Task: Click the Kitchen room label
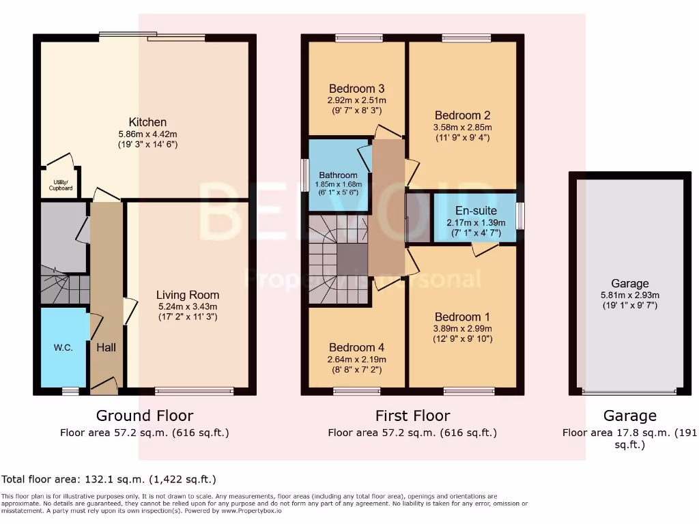click(147, 122)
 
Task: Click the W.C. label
click(63, 347)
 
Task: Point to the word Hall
click(106, 347)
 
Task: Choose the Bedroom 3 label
click(356, 89)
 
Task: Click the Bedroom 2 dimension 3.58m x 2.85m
click(463, 127)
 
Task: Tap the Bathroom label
click(338, 175)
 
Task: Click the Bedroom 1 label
click(462, 317)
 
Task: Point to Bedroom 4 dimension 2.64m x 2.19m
click(357, 360)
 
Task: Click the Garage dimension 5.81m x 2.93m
click(629, 295)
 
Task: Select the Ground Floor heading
click(144, 416)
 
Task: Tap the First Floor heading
click(412, 416)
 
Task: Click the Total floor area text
click(109, 480)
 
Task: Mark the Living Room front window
click(194, 391)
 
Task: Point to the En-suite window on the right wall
click(520, 216)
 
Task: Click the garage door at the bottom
click(629, 392)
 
